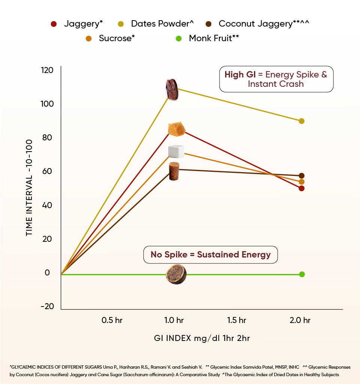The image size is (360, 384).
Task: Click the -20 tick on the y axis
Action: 47,307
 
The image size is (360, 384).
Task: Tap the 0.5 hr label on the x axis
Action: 112,320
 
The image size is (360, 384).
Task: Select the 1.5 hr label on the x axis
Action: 237,320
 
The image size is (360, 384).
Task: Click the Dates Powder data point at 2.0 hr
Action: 302,121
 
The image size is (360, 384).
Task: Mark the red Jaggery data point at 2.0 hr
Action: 302,188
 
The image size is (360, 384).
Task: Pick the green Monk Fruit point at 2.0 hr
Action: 302,274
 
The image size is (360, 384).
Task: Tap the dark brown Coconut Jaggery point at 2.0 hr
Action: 302,176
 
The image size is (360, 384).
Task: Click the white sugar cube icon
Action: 176,151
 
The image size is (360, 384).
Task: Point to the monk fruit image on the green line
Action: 176,274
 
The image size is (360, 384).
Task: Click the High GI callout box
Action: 276,79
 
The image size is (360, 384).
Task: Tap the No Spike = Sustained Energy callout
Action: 211,255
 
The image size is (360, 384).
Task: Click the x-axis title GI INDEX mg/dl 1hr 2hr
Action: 202,338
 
